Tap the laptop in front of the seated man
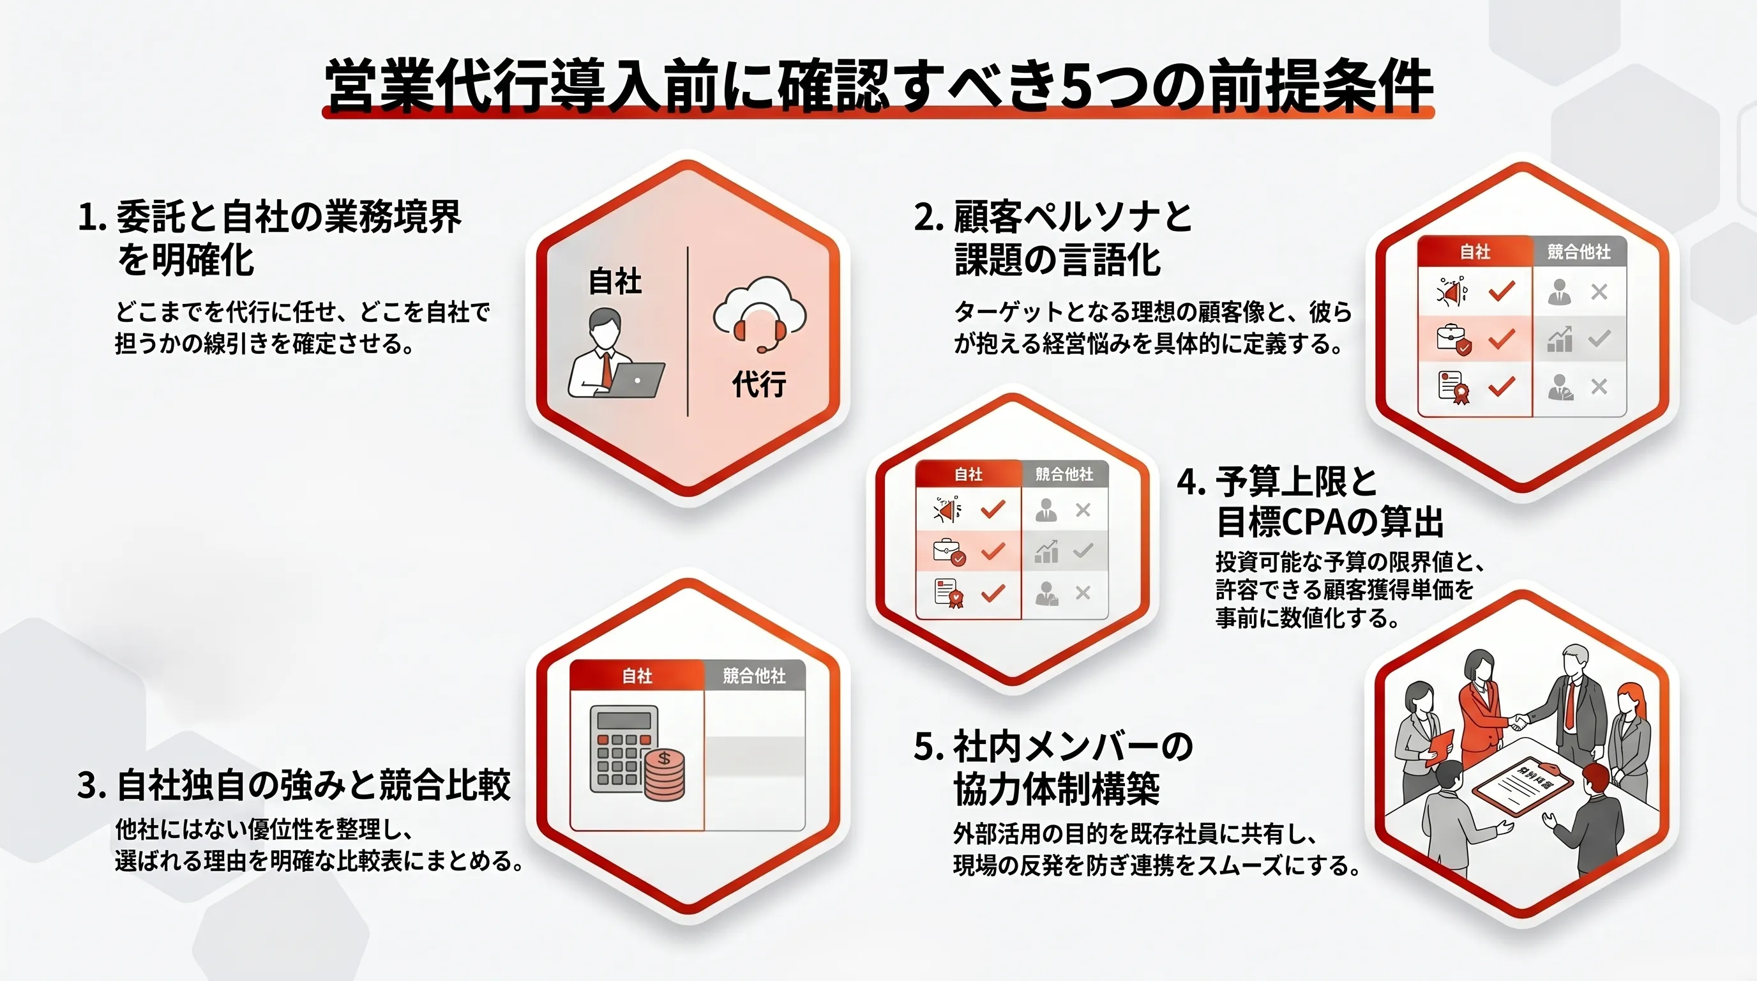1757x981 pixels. tap(635, 380)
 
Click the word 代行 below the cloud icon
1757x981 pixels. tap(759, 384)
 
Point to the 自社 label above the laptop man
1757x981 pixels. tap(615, 281)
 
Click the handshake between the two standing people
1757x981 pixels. tap(1516, 721)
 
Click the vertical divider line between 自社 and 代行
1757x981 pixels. tap(688, 331)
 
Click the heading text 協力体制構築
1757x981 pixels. tap(1057, 790)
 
